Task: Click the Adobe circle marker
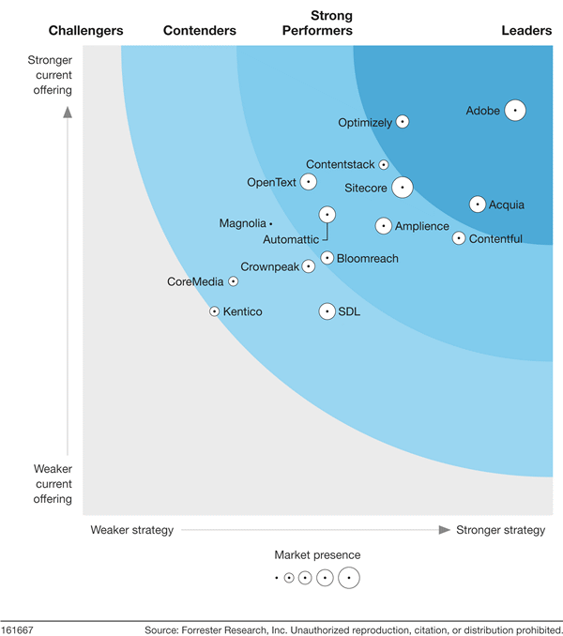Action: point(514,111)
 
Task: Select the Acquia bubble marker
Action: point(478,204)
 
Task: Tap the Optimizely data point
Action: point(403,122)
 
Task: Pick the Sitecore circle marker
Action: point(403,188)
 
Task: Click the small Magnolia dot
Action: point(270,223)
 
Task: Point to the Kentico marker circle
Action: point(214,311)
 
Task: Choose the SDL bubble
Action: point(327,311)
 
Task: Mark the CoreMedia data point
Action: point(234,281)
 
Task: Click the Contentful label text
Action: point(495,239)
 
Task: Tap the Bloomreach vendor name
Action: point(367,258)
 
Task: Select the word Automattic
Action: point(291,240)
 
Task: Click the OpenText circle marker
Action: point(308,182)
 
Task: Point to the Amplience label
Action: point(422,226)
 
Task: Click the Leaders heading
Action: point(525,31)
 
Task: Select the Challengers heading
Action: point(86,31)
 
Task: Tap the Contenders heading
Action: point(200,31)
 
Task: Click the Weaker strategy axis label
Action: point(132,530)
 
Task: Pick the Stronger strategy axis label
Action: point(500,530)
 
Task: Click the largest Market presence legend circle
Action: point(349,578)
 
